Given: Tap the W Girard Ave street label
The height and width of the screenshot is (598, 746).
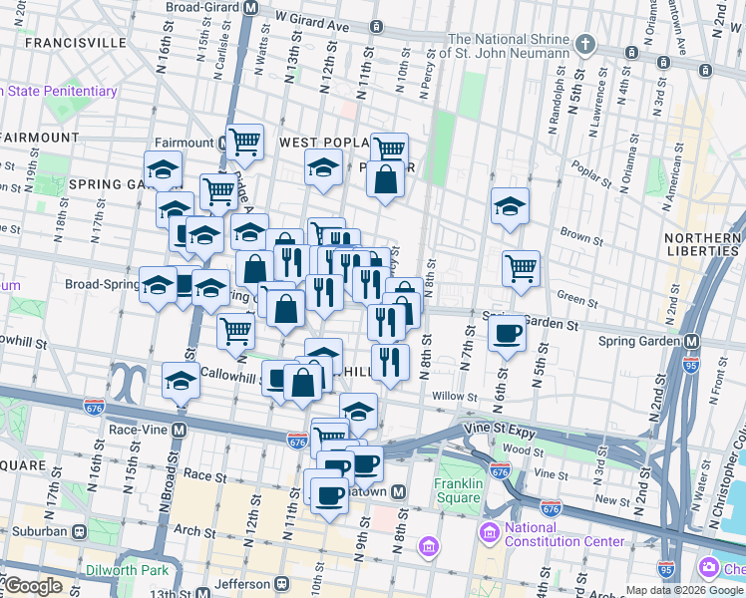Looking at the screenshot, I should [x=314, y=19].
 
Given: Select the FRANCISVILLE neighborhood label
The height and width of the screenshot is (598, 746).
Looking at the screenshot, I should [x=76, y=44].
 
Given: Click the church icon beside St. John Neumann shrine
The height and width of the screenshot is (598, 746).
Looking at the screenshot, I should [x=585, y=45].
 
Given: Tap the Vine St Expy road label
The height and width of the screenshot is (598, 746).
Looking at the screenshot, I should [x=500, y=430].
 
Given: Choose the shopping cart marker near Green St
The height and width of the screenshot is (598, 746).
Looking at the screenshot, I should [x=521, y=267].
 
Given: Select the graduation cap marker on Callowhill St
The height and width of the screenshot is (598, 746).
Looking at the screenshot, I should [x=181, y=380].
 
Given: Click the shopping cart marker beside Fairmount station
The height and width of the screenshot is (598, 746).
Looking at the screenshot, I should [x=244, y=142].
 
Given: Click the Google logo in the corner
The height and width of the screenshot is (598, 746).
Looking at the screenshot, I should [x=32, y=586].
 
